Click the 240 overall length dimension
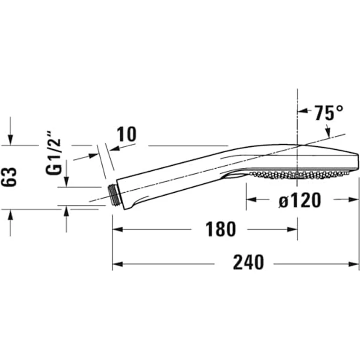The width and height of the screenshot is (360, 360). click(x=248, y=262)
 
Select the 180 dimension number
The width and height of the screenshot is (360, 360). click(x=221, y=229)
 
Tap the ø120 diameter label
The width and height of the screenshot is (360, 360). click(x=300, y=201)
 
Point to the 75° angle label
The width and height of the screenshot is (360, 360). click(x=329, y=112)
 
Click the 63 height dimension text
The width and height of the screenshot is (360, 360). click(x=9, y=177)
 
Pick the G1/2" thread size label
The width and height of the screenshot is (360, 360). click(x=53, y=153)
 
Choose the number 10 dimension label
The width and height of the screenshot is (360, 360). click(x=127, y=134)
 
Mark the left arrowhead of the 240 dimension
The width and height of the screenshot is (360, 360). click(x=117, y=264)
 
